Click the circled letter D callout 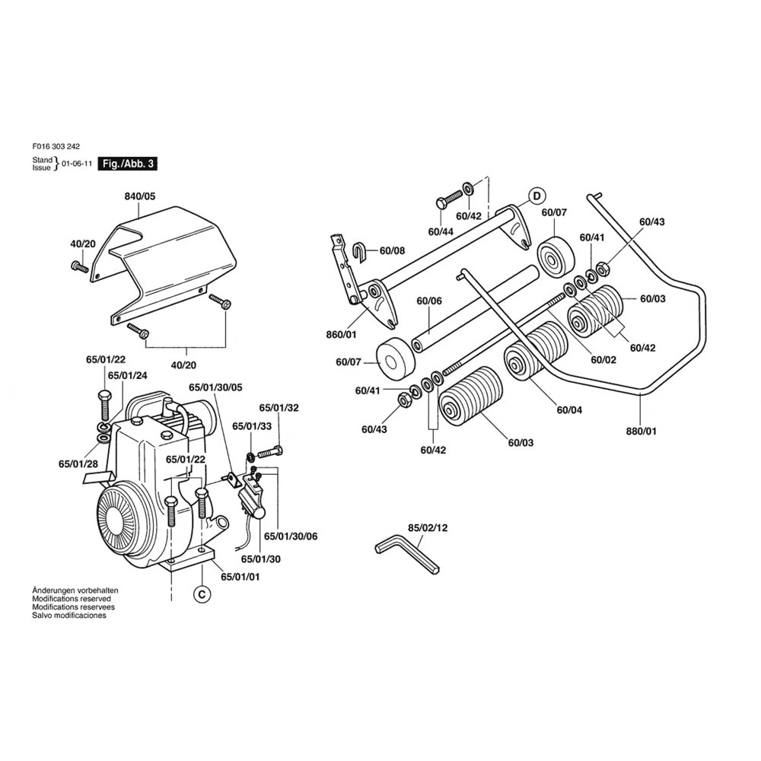[537, 196]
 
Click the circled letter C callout [202, 594]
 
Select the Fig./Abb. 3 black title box [128, 164]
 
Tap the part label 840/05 [140, 196]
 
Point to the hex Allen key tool [408, 554]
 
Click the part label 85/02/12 [428, 527]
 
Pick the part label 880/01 [641, 431]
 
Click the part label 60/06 [429, 301]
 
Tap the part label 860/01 [341, 335]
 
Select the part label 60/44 [441, 232]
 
